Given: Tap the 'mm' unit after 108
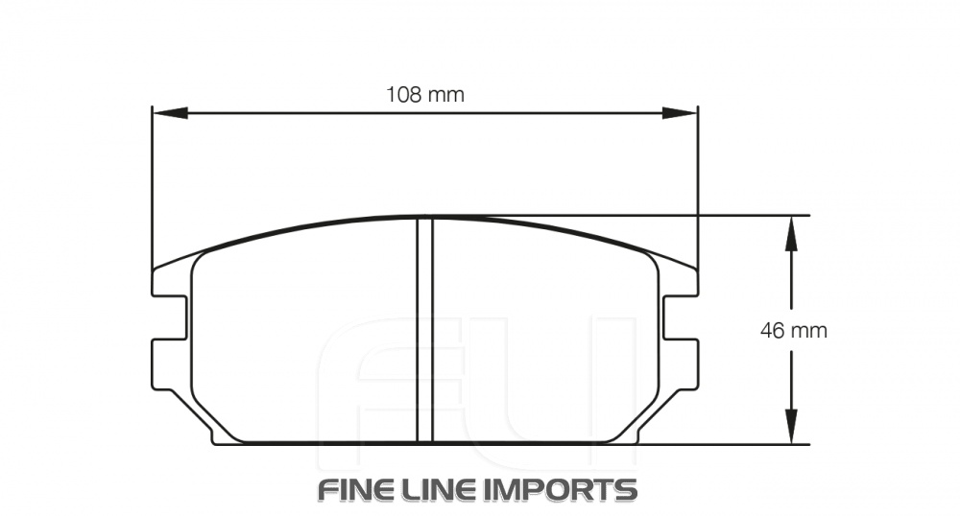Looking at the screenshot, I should pyautogui.click(x=445, y=94).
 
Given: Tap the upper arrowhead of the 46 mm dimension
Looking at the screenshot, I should pyautogui.click(x=790, y=231).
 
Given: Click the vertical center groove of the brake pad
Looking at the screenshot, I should pyautogui.click(x=424, y=331).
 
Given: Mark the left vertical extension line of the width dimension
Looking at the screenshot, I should pyautogui.click(x=152, y=182).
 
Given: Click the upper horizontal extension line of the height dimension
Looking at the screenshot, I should pyautogui.click(x=749, y=215).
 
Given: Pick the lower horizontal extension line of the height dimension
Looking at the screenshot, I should pyautogui.click(x=749, y=444).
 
